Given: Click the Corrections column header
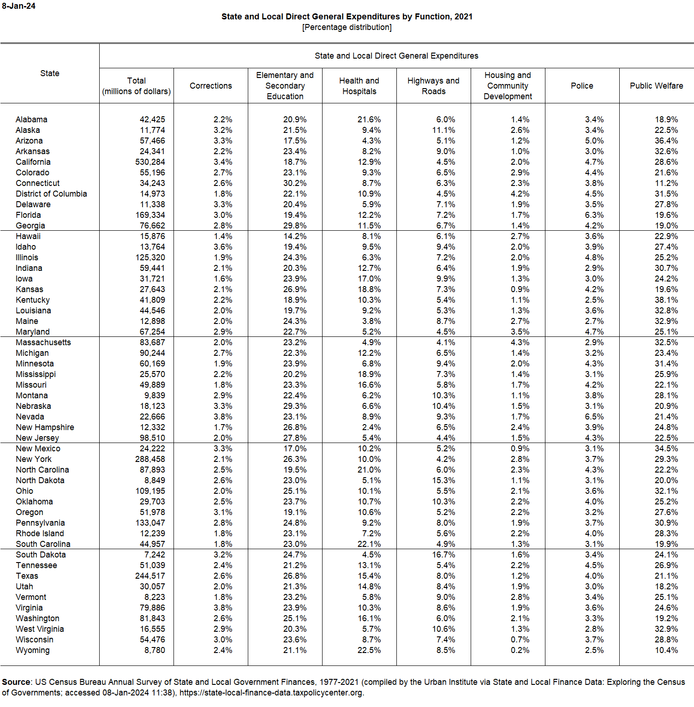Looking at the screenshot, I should tap(211, 86).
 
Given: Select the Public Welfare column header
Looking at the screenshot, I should tap(656, 86).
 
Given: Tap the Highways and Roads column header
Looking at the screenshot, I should tap(433, 86).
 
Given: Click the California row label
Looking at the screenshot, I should tap(33, 162).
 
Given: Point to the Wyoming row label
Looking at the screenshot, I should tap(33, 650).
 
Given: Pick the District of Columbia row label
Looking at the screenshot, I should tap(51, 194).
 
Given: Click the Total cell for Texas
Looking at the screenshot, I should tap(150, 576).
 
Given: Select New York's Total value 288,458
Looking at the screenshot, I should tap(150, 459).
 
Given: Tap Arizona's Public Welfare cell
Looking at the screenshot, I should tap(666, 141).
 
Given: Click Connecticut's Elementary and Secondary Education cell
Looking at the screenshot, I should tap(295, 183).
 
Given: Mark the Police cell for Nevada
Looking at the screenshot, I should tap(594, 417).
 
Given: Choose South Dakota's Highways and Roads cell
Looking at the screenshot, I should tap(443, 555).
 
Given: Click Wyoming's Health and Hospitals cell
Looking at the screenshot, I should tap(369, 650).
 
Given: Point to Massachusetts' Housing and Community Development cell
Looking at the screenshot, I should tap(520, 342).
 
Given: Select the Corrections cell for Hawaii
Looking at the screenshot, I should tap(223, 236).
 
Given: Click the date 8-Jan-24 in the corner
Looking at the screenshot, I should tap(18, 6).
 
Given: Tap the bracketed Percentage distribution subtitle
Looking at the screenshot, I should tap(347, 27).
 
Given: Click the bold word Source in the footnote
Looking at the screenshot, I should tap(16, 682).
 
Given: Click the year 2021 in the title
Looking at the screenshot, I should tap(463, 17).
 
